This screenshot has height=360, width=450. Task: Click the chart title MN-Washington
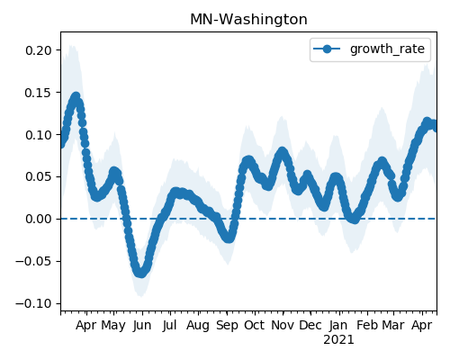[x=248, y=20]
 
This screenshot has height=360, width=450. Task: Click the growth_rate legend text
[x=387, y=49]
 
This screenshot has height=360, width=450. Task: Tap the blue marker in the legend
[x=327, y=49]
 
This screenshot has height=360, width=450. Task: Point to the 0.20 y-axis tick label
[x=39, y=50]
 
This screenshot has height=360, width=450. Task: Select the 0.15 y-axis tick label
[x=39, y=93]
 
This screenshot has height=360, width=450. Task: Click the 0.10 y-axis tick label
[x=39, y=135]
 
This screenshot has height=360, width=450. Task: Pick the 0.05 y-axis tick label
[x=39, y=176]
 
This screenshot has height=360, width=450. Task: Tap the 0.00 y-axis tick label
[x=39, y=219]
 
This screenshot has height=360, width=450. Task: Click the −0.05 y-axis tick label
[x=34, y=261]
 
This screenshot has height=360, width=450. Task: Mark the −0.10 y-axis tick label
[x=34, y=303]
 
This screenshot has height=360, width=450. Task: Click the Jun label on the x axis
[x=142, y=326]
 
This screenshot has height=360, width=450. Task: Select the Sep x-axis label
[x=227, y=326]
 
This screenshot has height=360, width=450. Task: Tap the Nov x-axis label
[x=283, y=325]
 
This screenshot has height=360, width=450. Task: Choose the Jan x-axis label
[x=338, y=325]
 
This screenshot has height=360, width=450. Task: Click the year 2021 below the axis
[x=338, y=340]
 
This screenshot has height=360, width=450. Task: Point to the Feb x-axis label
[x=367, y=325]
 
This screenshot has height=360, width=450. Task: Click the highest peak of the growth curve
[x=76, y=96]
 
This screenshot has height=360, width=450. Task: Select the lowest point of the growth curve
[x=140, y=273]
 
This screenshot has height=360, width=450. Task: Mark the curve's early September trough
[x=229, y=238]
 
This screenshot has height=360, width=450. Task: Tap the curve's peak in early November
[x=282, y=151]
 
